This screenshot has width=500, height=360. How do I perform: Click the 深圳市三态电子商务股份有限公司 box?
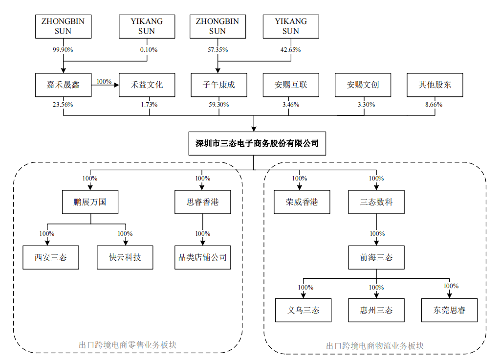tap(257, 143)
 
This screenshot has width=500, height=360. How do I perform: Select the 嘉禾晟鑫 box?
tap(63, 85)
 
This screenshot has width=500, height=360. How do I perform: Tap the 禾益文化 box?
tap(147, 85)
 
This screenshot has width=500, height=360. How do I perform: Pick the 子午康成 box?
tap(218, 85)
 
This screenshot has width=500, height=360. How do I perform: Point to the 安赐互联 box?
tap(291, 85)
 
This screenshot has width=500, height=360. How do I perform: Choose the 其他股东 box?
tap(435, 85)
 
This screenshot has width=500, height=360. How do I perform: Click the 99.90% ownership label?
tap(63, 50)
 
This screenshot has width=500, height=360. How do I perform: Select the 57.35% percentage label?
tap(217, 50)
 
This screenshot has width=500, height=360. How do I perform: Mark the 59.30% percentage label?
tap(218, 105)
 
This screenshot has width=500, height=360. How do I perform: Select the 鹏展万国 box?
tap(90, 202)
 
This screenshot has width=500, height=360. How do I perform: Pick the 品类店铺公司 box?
tap(202, 257)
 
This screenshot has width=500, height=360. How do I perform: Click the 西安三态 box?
tap(51, 257)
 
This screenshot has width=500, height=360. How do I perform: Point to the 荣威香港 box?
tap(302, 202)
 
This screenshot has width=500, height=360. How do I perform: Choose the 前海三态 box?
tap(376, 257)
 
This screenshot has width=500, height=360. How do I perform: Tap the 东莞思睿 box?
tap(449, 311)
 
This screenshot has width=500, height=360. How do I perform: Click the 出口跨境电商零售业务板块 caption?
tap(128, 345)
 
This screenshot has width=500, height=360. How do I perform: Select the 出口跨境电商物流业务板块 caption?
tap(375, 346)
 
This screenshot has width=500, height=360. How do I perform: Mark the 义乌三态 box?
tap(304, 311)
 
